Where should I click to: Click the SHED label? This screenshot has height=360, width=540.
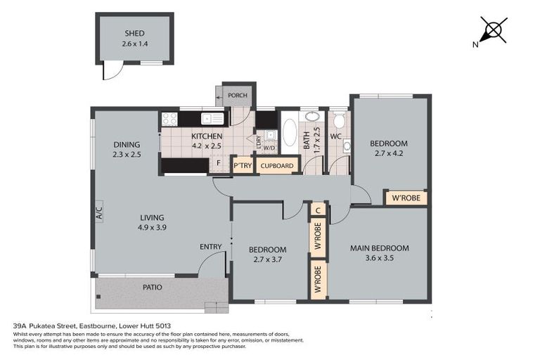(x=134, y=33)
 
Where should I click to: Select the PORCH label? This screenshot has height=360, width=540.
(x=236, y=95)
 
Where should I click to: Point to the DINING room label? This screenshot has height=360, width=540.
(x=127, y=146)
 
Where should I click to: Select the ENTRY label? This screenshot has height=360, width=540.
(x=211, y=246)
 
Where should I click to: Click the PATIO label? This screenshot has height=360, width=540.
(x=152, y=287)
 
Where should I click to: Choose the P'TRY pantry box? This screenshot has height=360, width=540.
(x=243, y=166)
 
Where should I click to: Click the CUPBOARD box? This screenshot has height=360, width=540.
(x=277, y=166)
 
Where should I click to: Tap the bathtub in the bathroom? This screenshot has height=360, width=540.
(x=289, y=131)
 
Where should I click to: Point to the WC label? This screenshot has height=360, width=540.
(x=335, y=136)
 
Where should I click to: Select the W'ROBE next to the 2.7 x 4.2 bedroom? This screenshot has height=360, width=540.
(x=406, y=198)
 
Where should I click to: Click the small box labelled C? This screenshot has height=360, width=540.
(x=318, y=210)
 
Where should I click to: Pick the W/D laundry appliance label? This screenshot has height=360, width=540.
(x=269, y=148)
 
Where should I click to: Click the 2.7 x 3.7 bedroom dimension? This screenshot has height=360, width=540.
(x=267, y=259)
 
